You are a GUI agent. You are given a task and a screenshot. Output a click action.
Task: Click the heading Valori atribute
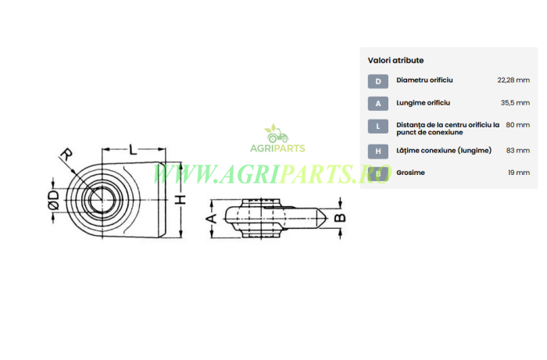pyautogui.click(x=395, y=60)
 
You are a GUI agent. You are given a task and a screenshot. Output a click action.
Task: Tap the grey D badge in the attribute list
pyautogui.click(x=377, y=81)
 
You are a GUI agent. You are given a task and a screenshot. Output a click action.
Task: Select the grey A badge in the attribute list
pyautogui.click(x=377, y=104)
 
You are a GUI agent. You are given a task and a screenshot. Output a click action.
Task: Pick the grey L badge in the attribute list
pyautogui.click(x=377, y=127)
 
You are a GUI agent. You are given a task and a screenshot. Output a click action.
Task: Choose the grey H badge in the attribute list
pyautogui.click(x=377, y=151)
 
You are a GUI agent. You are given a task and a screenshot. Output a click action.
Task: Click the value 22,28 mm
pyautogui.click(x=513, y=80)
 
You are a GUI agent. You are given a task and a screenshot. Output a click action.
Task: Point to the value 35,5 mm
pyautogui.click(x=515, y=103)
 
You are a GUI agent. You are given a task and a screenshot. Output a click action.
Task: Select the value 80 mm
pyautogui.click(x=517, y=125)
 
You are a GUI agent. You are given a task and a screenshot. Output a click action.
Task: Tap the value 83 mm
pyautogui.click(x=518, y=151)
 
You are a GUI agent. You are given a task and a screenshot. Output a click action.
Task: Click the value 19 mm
pyautogui.click(x=519, y=173)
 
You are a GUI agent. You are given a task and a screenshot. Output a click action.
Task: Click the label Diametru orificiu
pyautogui.click(x=424, y=80)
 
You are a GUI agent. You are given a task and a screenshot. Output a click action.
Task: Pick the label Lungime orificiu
pyautogui.click(x=424, y=103)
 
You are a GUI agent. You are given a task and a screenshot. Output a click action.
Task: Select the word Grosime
pyautogui.click(x=410, y=173)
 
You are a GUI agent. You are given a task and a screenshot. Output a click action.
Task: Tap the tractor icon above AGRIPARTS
pyautogui.click(x=277, y=134)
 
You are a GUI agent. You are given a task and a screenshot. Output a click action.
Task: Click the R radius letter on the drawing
pyautogui.click(x=66, y=154)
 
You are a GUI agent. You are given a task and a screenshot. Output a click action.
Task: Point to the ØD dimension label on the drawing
pyautogui.click(x=53, y=200)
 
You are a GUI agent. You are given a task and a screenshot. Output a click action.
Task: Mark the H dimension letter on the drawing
pyautogui.click(x=181, y=200)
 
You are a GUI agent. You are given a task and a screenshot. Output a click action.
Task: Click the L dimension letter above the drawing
pyautogui.click(x=133, y=149)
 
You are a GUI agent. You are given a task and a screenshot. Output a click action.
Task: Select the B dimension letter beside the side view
pyautogui.click(x=340, y=218)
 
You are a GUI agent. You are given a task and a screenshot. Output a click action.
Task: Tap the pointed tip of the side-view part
pyautogui.click(x=327, y=219)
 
